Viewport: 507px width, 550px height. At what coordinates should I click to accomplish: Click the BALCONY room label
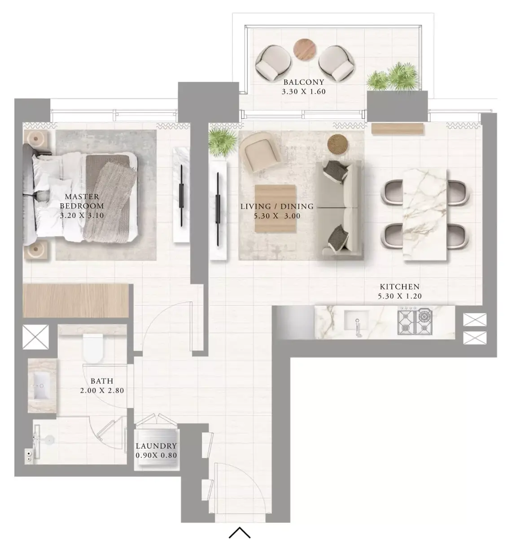tap(304, 82)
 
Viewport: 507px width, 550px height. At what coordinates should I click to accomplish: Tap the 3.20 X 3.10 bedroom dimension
tap(82, 215)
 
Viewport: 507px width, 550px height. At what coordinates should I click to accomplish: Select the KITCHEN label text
tap(400, 286)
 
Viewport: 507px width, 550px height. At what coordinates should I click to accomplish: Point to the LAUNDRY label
tap(156, 446)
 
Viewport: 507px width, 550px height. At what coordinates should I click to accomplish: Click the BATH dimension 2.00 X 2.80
tap(102, 391)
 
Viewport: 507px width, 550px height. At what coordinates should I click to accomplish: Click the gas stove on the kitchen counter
tap(415, 321)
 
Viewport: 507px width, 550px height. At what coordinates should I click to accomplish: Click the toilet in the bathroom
tap(93, 348)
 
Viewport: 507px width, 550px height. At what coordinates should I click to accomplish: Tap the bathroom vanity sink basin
tap(42, 386)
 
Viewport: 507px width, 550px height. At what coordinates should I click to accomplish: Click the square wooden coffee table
tap(275, 208)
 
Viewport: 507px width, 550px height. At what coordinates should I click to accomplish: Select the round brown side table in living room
tap(338, 144)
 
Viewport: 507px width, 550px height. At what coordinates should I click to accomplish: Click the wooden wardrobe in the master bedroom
tap(75, 301)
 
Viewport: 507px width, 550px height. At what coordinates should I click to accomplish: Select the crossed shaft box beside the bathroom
tap(35, 337)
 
